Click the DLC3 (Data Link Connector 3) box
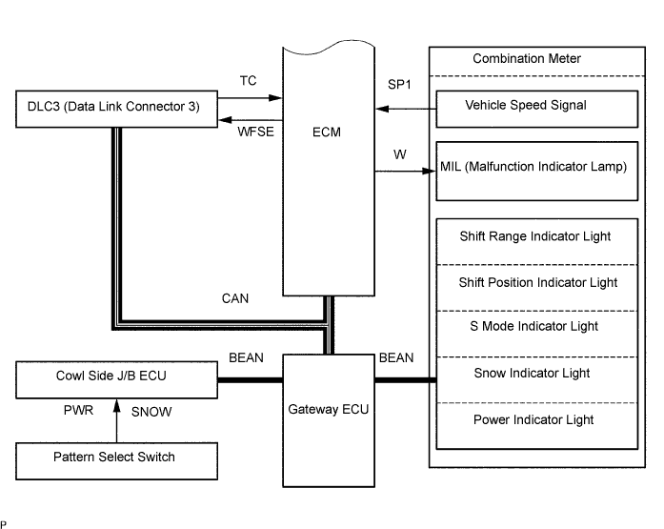(x=116, y=109)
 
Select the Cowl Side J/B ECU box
(x=116, y=380)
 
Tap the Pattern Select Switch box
(x=116, y=461)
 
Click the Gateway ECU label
(x=328, y=410)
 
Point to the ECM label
(x=327, y=132)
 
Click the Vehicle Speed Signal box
(x=537, y=109)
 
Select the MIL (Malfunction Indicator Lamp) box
(x=537, y=172)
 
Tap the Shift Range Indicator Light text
(x=535, y=236)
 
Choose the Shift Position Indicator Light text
(x=538, y=282)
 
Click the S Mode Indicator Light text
(x=534, y=326)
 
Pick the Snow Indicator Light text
(x=532, y=373)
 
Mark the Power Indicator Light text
(x=533, y=419)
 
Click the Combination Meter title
(x=527, y=58)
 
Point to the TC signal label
(x=248, y=80)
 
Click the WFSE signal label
(x=255, y=132)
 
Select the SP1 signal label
(x=399, y=85)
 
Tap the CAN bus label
(x=235, y=298)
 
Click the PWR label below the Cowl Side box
(x=78, y=410)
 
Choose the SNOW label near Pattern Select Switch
(x=151, y=412)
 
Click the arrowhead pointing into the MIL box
(x=429, y=172)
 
